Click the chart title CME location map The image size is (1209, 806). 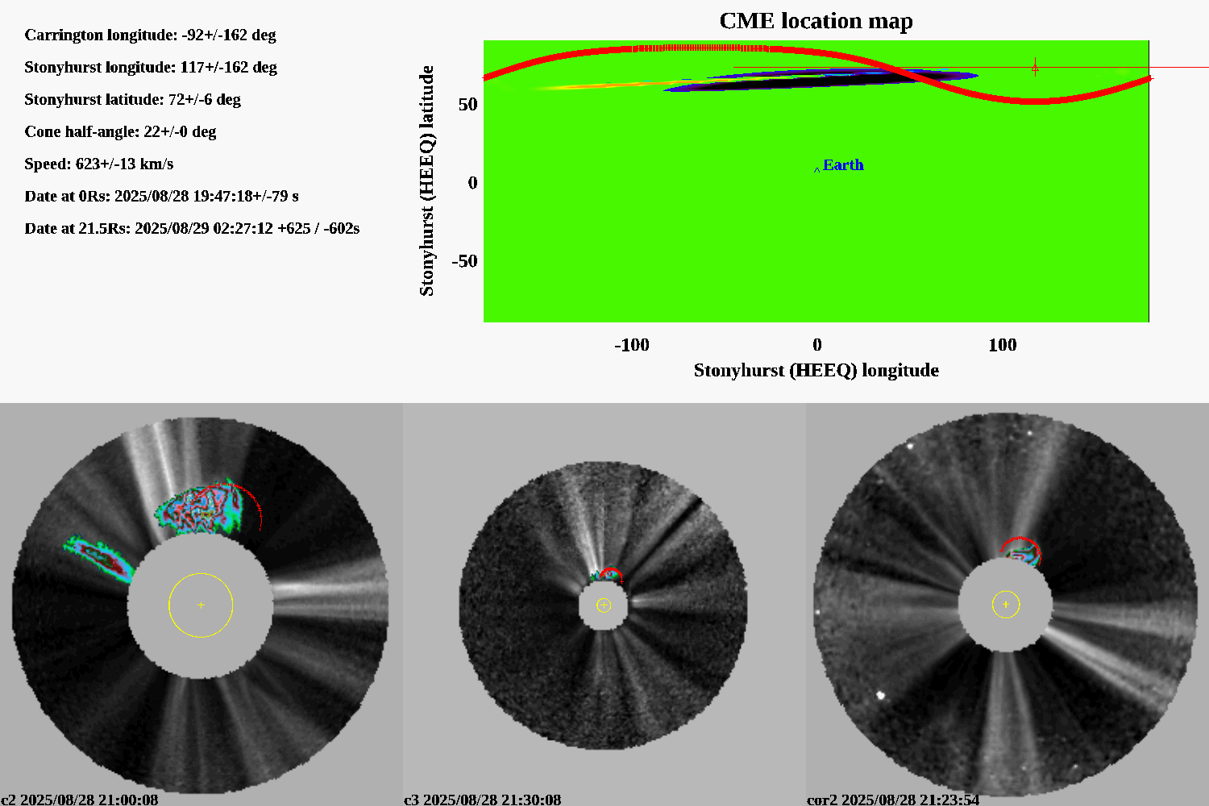coord(816,21)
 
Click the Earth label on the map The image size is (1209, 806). coord(843,164)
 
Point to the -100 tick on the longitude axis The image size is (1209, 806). coord(631,345)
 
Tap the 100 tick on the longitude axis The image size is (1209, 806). coord(1003,345)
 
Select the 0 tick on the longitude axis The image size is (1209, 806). coord(817,345)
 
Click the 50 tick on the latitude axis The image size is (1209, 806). coord(468,104)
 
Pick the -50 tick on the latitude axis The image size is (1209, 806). coord(465,261)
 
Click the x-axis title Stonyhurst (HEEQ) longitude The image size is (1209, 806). coord(816,370)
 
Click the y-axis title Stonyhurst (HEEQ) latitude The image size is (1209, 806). coord(426,181)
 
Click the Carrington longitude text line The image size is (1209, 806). coord(150,35)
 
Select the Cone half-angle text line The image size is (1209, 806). coord(120,131)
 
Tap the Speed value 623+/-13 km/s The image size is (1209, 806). coord(124,164)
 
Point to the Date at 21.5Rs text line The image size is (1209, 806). coord(192,228)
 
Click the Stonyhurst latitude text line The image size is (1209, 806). coord(133,99)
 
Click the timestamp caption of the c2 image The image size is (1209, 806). coord(80,799)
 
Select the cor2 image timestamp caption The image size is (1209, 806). coord(893,799)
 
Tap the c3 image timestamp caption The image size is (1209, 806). coord(483,799)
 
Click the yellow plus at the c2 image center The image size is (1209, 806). coord(201,605)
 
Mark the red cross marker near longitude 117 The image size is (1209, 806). coord(1035,68)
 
